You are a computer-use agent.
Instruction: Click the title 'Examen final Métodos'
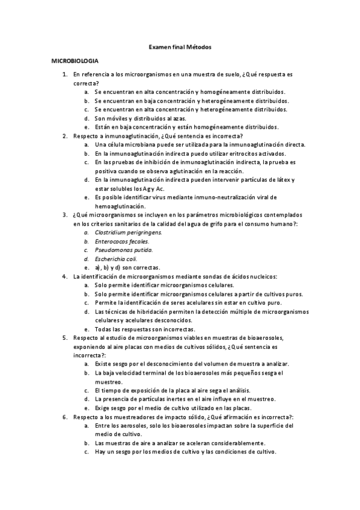point(180,46)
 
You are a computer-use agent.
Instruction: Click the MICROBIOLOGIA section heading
point(75,61)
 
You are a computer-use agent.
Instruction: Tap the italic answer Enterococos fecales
point(121,241)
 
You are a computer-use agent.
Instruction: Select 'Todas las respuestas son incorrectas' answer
point(144,330)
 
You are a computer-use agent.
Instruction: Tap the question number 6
point(65,416)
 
